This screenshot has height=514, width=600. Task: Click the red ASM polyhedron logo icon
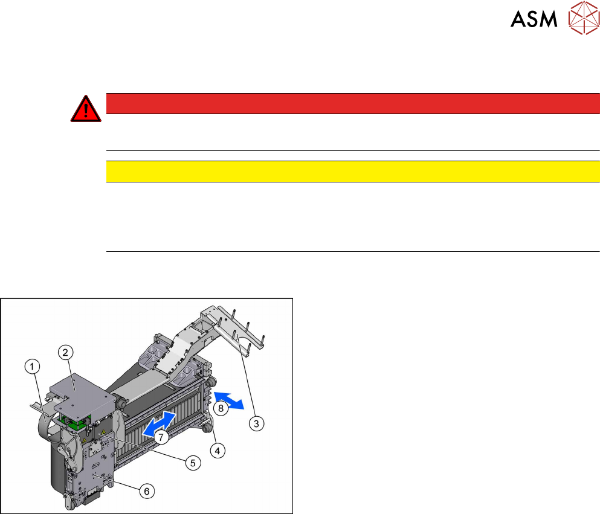point(582,20)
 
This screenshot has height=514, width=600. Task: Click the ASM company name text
point(534,20)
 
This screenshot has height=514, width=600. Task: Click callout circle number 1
point(33,366)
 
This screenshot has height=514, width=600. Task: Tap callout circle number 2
point(66,352)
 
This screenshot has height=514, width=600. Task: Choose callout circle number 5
point(192,463)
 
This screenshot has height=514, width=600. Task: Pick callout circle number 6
point(146,491)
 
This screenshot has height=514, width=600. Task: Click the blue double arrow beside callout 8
point(230,400)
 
